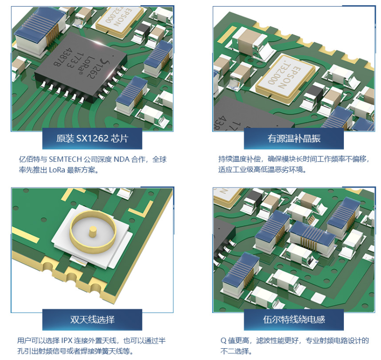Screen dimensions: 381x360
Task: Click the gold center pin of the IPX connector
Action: point(93,232)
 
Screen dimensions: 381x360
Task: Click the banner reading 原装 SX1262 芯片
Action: point(92,138)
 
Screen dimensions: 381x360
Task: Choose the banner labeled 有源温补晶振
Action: point(294,138)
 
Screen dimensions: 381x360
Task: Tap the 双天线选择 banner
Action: point(92,320)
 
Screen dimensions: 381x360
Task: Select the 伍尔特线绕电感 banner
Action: point(294,320)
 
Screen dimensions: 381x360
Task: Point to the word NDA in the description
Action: point(122,159)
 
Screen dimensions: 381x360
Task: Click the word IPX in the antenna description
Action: point(67,341)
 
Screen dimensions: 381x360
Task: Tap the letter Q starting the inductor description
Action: point(223,341)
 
